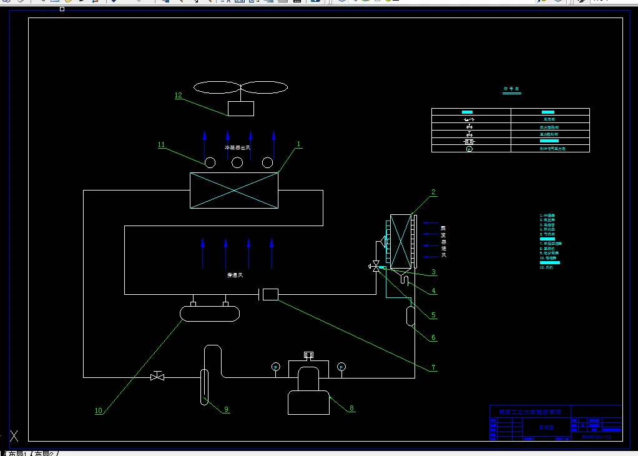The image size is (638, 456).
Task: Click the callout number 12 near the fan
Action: [x=178, y=96]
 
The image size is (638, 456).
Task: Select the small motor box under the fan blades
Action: [x=241, y=108]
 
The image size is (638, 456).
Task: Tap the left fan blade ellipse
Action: [x=217, y=87]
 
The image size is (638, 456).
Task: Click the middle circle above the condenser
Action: [x=237, y=163]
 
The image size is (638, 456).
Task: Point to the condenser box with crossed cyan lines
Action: [x=234, y=190]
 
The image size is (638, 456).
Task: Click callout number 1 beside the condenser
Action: [x=299, y=144]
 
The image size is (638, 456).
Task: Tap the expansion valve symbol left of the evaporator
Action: [x=376, y=266]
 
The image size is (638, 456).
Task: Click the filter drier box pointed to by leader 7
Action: [x=270, y=294]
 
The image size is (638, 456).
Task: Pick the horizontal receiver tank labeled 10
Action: [x=210, y=312]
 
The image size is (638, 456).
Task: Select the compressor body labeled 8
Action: [x=308, y=394]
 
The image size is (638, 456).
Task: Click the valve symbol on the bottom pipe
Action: [x=157, y=377]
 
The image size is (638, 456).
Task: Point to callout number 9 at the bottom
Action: [x=227, y=409]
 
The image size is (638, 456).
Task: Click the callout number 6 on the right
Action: [x=433, y=338]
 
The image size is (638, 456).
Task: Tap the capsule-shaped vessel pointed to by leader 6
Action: [x=411, y=316]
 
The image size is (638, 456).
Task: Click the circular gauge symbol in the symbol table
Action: [x=469, y=149]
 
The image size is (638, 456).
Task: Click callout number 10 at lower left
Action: [x=98, y=411]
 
